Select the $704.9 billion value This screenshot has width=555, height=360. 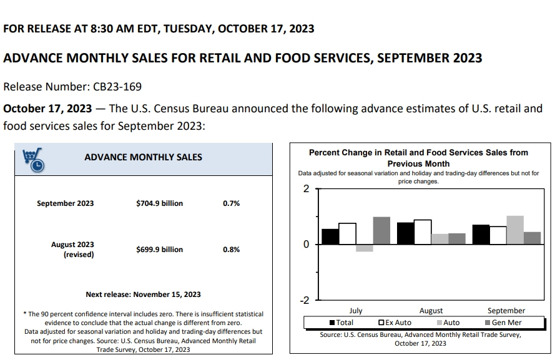tap(159, 203)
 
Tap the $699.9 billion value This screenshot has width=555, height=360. tap(159, 250)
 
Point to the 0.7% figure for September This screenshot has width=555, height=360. tap(231, 203)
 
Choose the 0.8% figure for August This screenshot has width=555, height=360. tap(231, 250)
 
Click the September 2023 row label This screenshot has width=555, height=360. tap(65, 203)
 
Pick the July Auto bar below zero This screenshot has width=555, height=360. tap(365, 248)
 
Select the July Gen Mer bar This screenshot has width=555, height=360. tap(381, 230)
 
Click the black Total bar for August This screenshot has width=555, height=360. tap(405, 233)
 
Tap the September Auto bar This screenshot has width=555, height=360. tap(515, 230)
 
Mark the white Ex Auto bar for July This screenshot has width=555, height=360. tap(347, 233)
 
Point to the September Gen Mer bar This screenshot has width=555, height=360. tap(533, 238)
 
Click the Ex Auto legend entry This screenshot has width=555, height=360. tap(395, 323)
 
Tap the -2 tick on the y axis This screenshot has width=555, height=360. tap(305, 300)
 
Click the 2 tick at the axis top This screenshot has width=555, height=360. tap(306, 188)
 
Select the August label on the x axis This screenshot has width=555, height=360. tap(431, 311)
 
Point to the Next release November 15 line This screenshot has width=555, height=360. tap(143, 294)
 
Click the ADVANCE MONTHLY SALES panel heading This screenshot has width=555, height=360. tap(143, 157)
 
